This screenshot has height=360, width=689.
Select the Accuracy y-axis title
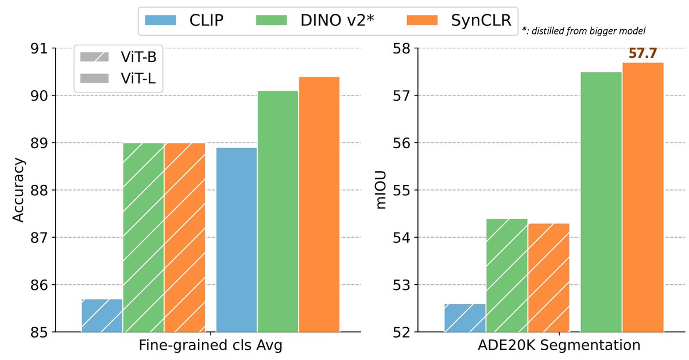pos(18,190)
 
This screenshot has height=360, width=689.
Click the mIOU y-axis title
pos(381,190)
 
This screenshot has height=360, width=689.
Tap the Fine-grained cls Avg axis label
pos(210,346)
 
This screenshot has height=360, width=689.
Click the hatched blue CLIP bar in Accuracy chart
pos(102,315)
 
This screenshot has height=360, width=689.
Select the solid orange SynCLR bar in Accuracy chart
pos(319,204)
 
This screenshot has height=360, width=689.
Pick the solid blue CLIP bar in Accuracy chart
pos(236,239)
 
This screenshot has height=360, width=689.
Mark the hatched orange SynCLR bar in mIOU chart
pos(548,277)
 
